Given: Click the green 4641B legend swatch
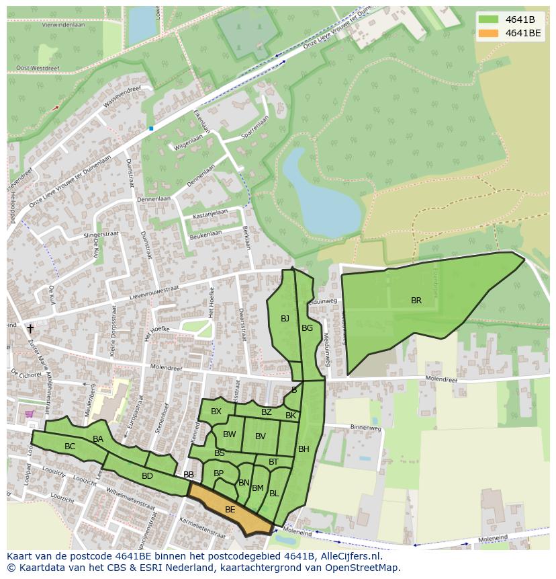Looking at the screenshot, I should [x=488, y=19].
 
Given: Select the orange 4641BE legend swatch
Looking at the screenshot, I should [x=488, y=32].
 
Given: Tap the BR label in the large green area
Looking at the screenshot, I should [x=416, y=301].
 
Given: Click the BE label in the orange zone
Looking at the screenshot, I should [x=230, y=510].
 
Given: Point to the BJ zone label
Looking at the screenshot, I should [x=285, y=319].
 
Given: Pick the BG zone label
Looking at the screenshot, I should [x=307, y=328].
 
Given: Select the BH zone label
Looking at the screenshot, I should [x=304, y=449].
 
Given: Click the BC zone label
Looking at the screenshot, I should [x=70, y=447].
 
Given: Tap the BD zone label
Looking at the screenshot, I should [x=147, y=476].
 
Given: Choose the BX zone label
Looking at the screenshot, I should [x=216, y=412].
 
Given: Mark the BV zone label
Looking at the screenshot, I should [x=261, y=436].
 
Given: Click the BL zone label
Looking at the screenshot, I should [x=274, y=494].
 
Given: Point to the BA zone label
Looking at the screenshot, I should [x=98, y=439].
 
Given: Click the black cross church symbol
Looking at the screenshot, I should [x=30, y=329].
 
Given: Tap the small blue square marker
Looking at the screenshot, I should [x=151, y=128].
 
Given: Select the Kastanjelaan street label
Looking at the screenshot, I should [x=210, y=213].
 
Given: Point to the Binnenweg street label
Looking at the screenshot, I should [x=365, y=427].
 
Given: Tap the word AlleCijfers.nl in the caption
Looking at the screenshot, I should [x=349, y=556].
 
